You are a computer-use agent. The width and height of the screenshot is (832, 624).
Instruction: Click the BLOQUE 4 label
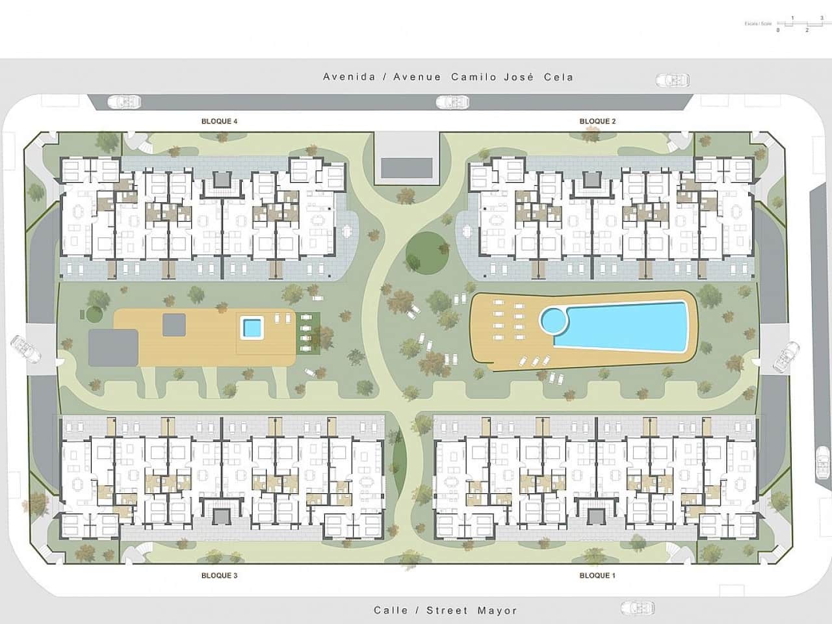click(x=219, y=122)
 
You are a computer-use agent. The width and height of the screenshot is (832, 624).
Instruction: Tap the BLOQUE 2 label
click(x=597, y=122)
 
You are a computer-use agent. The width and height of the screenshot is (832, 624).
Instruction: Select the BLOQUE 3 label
click(x=219, y=575)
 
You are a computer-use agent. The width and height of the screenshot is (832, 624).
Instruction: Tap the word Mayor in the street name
click(x=497, y=610)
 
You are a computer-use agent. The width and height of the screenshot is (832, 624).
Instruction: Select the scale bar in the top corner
click(x=799, y=24)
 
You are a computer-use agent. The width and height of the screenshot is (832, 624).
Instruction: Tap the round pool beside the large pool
click(x=553, y=320)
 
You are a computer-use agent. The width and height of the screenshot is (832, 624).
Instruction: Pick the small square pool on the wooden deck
click(x=252, y=328)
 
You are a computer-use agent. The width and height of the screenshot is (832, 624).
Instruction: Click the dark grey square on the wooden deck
click(x=174, y=322)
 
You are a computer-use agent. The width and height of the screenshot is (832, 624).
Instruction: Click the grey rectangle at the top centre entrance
click(x=408, y=168)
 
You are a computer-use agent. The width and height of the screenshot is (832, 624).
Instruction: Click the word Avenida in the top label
click(x=349, y=77)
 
